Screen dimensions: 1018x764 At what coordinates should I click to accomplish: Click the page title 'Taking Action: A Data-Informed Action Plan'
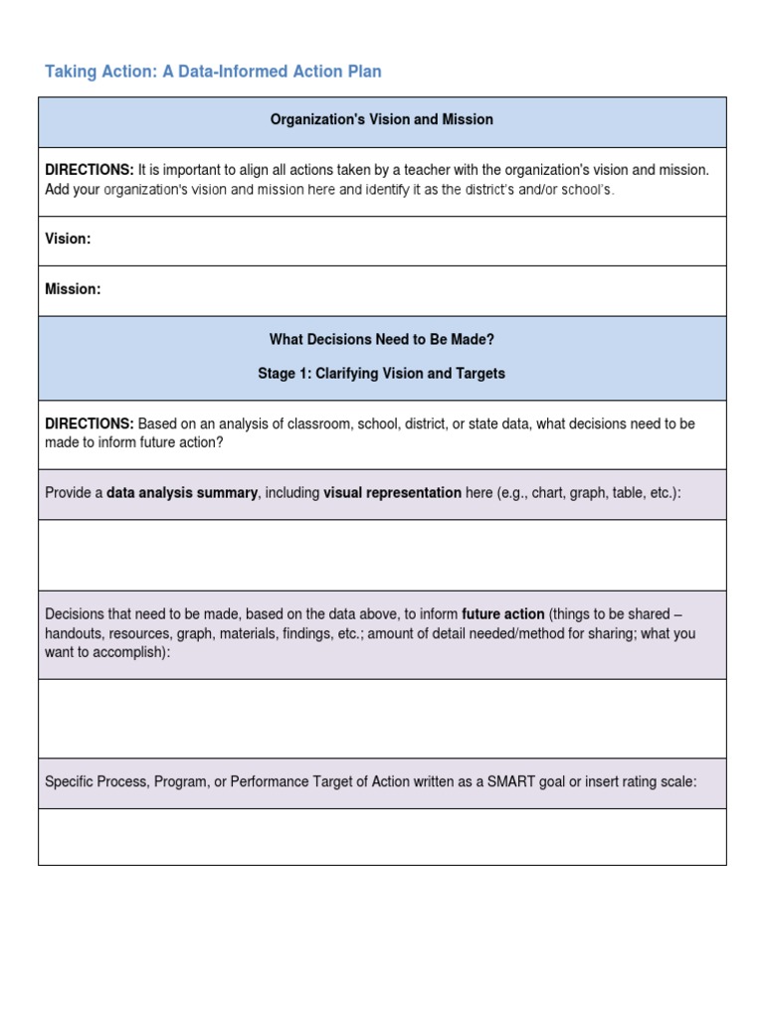[x=213, y=72]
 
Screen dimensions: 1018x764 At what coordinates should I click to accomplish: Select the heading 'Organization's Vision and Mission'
[x=382, y=119]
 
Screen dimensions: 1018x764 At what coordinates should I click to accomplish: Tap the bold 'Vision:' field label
[x=68, y=240]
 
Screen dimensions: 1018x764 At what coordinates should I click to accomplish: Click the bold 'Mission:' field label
[x=73, y=289]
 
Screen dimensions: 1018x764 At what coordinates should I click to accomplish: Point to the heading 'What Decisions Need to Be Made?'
[x=382, y=339]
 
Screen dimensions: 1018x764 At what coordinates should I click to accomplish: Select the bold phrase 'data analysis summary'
[x=182, y=493]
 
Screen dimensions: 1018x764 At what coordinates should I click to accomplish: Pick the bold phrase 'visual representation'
[x=392, y=493]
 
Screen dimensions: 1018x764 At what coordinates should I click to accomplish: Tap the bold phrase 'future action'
[x=502, y=613]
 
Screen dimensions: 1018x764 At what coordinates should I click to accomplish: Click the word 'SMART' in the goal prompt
[x=509, y=782]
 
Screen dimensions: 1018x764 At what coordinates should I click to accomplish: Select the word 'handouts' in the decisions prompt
[x=74, y=633]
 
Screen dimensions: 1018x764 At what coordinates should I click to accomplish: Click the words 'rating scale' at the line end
[x=658, y=782]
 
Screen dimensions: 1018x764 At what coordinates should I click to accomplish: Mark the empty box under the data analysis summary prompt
[x=382, y=555]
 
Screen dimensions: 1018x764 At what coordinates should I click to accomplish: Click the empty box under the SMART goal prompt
[x=382, y=836]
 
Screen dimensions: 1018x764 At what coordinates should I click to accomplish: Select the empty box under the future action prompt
[x=382, y=719]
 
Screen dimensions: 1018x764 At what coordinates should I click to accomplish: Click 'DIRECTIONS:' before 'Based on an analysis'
[x=89, y=424]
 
